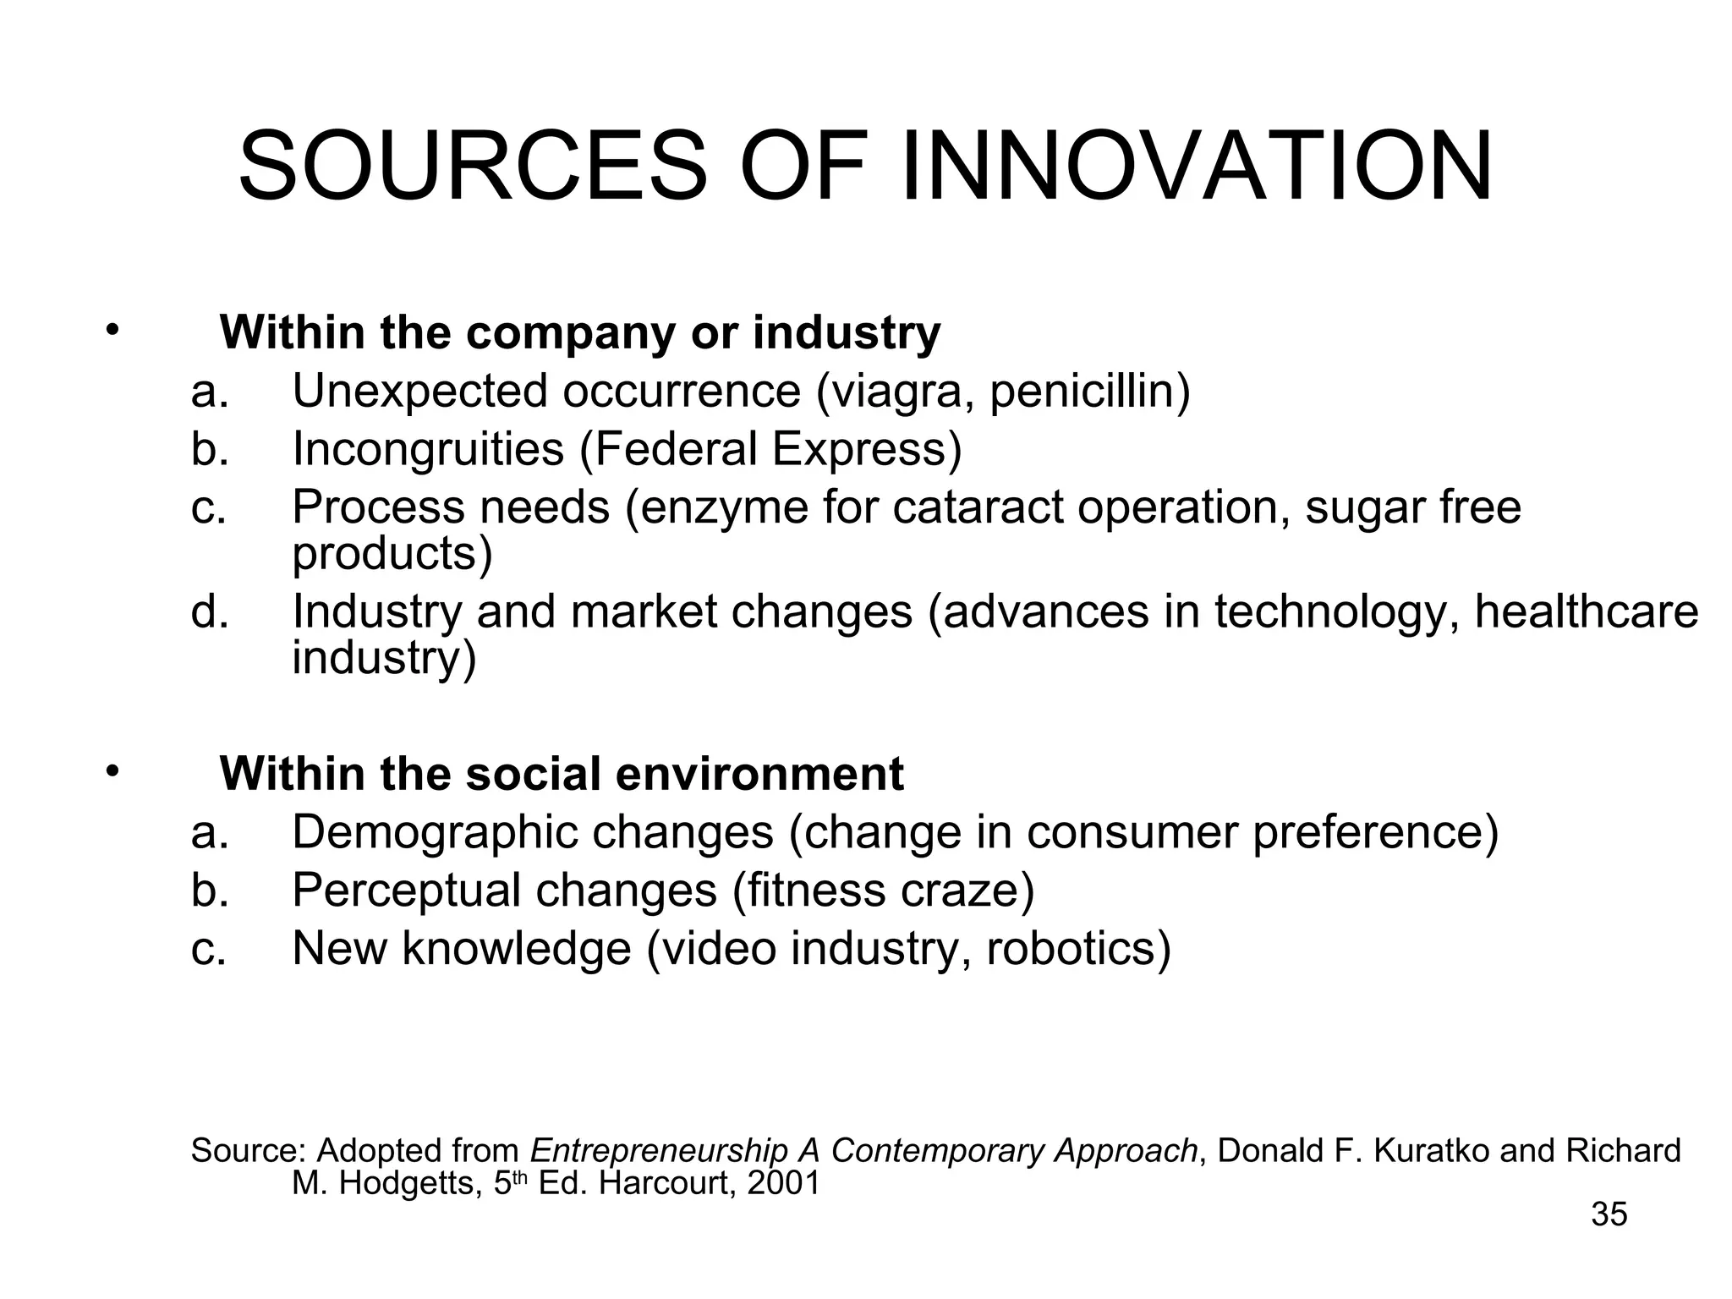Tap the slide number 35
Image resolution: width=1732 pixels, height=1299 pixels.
pos(1609,1214)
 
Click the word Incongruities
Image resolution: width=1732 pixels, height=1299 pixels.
pos(428,449)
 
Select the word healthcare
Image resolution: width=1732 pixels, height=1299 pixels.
pos(1587,611)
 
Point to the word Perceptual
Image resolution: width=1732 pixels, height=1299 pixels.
pos(406,891)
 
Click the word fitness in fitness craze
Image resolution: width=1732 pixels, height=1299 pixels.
pos(792,891)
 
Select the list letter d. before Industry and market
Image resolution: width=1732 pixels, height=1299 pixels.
pos(209,611)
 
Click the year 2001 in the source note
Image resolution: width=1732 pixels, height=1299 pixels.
pos(784,1183)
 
